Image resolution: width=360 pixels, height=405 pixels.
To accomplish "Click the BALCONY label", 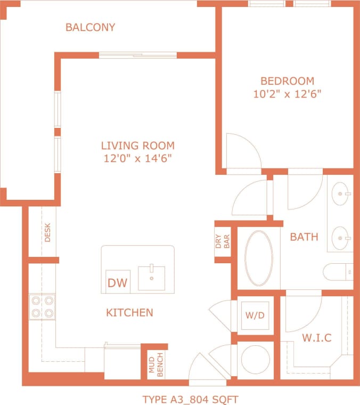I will (x=90, y=27).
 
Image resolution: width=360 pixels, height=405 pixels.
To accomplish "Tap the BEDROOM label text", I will (x=287, y=81).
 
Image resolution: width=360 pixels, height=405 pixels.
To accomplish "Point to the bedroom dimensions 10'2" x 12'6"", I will (x=287, y=94).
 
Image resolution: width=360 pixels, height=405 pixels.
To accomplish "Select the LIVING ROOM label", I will (x=137, y=145).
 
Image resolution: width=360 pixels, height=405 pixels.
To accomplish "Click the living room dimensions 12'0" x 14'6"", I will (x=137, y=158).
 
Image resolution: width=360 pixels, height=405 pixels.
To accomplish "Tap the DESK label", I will (x=47, y=233).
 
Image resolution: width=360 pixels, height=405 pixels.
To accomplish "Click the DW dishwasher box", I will (x=117, y=282).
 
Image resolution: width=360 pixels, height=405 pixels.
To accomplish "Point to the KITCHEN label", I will (x=130, y=313).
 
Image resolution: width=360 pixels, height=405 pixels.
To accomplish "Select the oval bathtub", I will (x=259, y=258).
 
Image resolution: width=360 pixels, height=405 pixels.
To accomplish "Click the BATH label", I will (x=304, y=237).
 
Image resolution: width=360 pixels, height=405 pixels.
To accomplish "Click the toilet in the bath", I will (x=338, y=271).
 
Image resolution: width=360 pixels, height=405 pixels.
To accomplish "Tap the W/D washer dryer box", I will (x=255, y=315).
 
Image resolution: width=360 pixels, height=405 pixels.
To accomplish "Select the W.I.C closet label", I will (x=317, y=338).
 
